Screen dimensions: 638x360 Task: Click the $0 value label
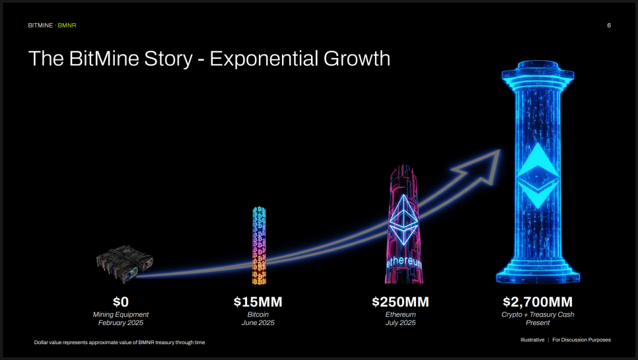(x=121, y=302)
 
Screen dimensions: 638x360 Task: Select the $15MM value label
(x=258, y=302)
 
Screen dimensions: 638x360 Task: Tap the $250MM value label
(x=400, y=302)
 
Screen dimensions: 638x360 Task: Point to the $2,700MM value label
(x=538, y=302)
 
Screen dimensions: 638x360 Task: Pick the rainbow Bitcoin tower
(x=259, y=245)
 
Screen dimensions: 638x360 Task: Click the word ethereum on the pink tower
(x=404, y=262)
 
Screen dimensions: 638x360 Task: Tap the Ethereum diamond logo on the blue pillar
(x=538, y=176)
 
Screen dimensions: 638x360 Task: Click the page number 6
(x=609, y=25)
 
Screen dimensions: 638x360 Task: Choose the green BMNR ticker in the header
(x=67, y=25)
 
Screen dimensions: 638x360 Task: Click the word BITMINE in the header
(x=40, y=25)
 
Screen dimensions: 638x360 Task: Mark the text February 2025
(x=121, y=322)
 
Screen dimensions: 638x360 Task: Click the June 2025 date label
(x=258, y=322)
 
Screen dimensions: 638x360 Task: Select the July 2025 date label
(x=400, y=322)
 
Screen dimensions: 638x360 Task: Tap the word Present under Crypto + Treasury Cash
(x=538, y=322)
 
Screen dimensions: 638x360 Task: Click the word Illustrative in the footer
(x=532, y=340)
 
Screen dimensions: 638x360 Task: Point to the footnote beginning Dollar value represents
(x=120, y=343)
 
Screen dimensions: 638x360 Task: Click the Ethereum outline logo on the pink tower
(x=404, y=220)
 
